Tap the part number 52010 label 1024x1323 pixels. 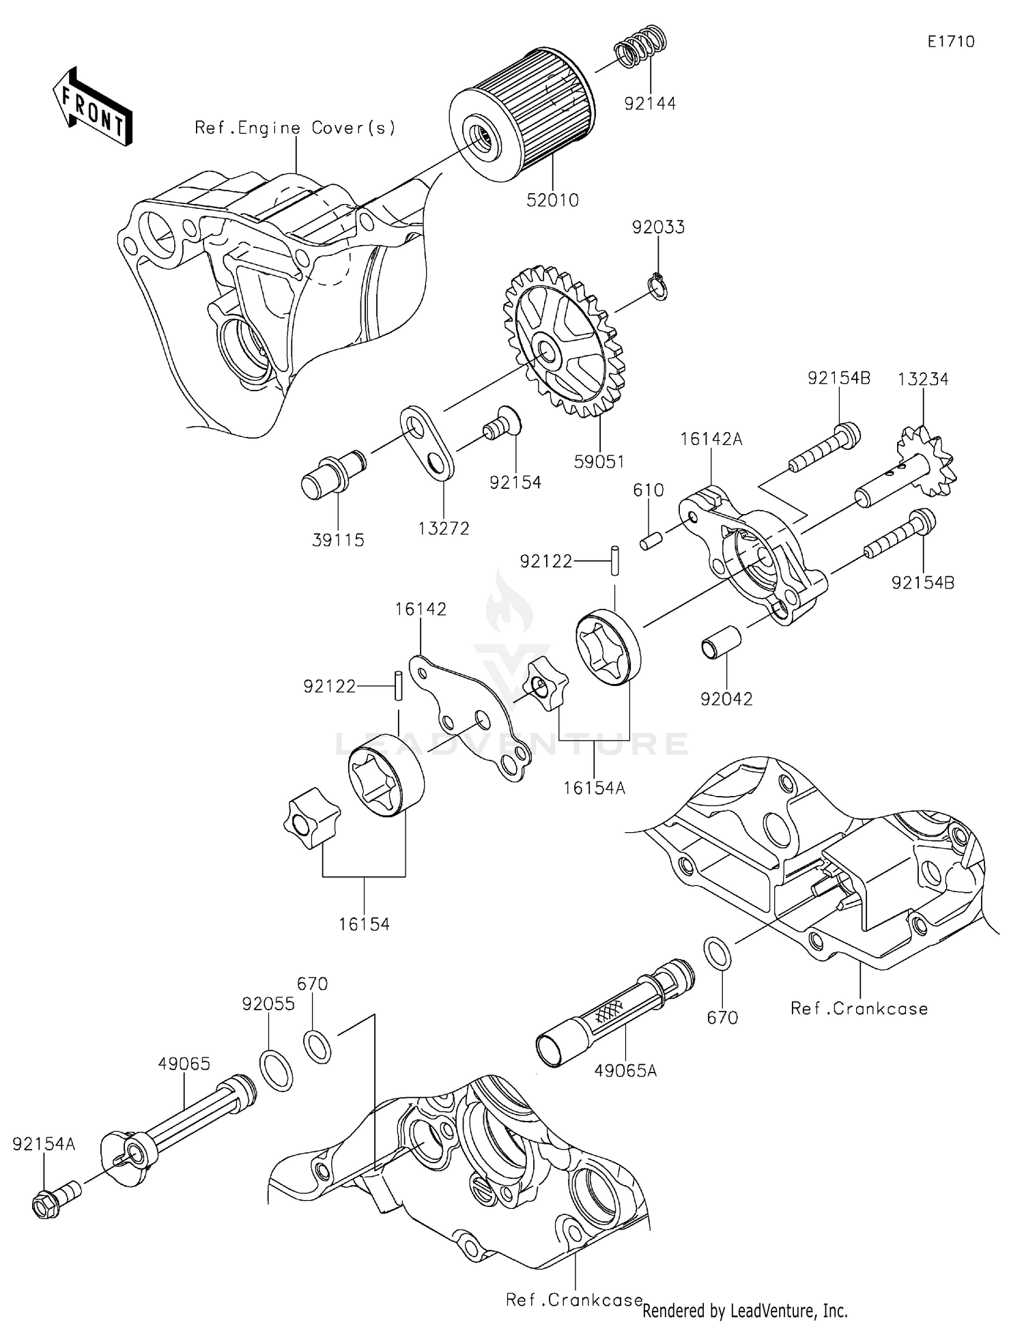click(552, 201)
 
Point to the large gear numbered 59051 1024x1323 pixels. click(563, 341)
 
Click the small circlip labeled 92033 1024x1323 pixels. click(657, 286)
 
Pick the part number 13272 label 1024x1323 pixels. click(444, 528)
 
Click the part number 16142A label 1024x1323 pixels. click(711, 439)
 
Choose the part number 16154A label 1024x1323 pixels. click(594, 788)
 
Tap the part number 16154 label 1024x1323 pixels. click(364, 924)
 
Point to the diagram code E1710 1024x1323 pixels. click(950, 42)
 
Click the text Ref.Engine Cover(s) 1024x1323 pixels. click(295, 128)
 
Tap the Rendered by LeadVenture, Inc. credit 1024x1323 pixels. click(745, 1311)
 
